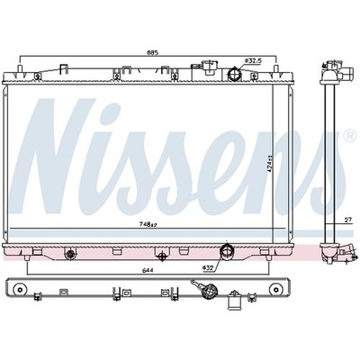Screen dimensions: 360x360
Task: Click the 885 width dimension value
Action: click(152, 53)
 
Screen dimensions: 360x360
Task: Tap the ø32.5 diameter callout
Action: click(254, 61)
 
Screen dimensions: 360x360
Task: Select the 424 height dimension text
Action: click(269, 166)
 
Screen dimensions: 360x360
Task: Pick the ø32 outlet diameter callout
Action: click(208, 267)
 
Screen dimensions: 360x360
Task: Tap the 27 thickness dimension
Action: click(347, 220)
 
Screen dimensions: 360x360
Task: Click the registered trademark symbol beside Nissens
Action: click(351, 136)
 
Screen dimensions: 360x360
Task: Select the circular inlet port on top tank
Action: click(234, 74)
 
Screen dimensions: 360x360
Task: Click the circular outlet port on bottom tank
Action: click(227, 250)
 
